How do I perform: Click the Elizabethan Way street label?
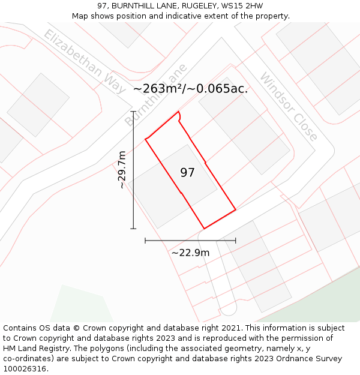tap(84, 61)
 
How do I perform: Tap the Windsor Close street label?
tap(289, 107)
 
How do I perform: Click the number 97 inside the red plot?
tap(188, 173)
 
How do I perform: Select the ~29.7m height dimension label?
tap(122, 170)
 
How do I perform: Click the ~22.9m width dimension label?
tap(190, 253)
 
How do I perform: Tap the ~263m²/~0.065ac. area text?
tap(190, 89)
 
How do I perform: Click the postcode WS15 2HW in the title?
tap(242, 6)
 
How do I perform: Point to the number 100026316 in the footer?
tap(24, 369)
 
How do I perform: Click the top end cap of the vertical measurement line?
tap(133, 112)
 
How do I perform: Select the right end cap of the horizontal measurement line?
tap(235, 241)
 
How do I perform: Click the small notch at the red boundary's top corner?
tap(179, 116)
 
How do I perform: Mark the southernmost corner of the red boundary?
tap(205, 229)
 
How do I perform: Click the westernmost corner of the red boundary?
tap(146, 140)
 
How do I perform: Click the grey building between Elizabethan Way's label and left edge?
tap(38, 104)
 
